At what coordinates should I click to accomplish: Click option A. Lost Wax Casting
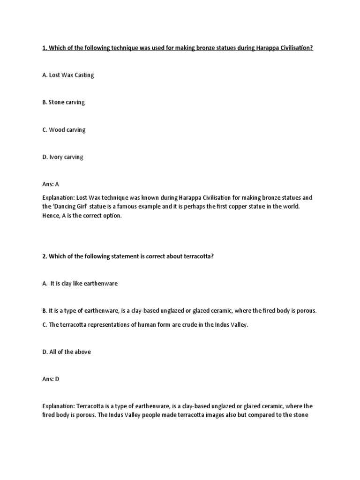point(71,75)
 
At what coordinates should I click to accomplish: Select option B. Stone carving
point(67,103)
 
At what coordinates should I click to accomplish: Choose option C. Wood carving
point(67,130)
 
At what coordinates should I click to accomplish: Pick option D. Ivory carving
point(66,157)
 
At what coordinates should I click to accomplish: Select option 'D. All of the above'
point(67,352)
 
